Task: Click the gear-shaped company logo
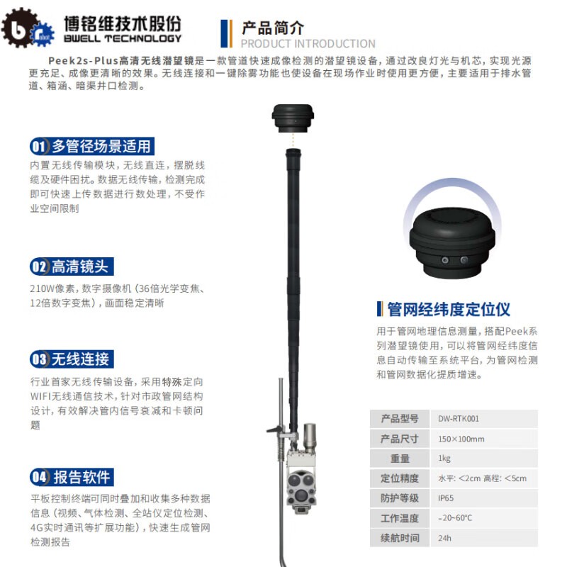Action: click(x=27, y=28)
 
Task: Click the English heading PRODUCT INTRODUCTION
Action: click(x=308, y=44)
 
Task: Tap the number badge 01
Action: click(x=38, y=147)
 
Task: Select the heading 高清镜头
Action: click(x=80, y=266)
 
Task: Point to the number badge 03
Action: click(x=38, y=359)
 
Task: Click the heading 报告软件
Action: click(x=82, y=477)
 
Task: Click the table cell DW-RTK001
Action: click(x=459, y=419)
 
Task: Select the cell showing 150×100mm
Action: click(x=461, y=439)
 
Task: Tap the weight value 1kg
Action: click(x=444, y=459)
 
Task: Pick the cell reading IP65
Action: click(x=446, y=498)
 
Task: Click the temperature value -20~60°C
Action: click(x=455, y=518)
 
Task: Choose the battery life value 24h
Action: click(x=444, y=538)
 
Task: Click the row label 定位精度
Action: click(x=400, y=478)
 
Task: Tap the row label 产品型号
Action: click(x=400, y=419)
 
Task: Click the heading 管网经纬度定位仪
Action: click(x=449, y=310)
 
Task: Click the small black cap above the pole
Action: click(x=293, y=118)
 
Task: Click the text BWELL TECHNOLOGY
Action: click(x=123, y=38)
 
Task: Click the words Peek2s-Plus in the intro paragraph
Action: click(x=84, y=60)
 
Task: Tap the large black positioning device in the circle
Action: click(x=452, y=243)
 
